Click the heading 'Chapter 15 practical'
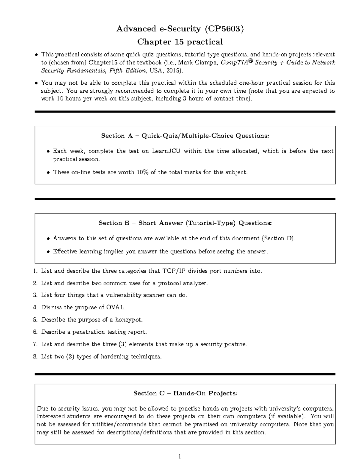click(x=180, y=42)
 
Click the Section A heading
click(x=185, y=136)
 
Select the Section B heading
click(x=185, y=223)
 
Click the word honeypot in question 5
click(x=129, y=320)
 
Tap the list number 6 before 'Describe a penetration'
click(x=35, y=332)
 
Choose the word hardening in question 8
click(x=112, y=357)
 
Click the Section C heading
click(x=185, y=393)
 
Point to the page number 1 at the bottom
click(x=180, y=457)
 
